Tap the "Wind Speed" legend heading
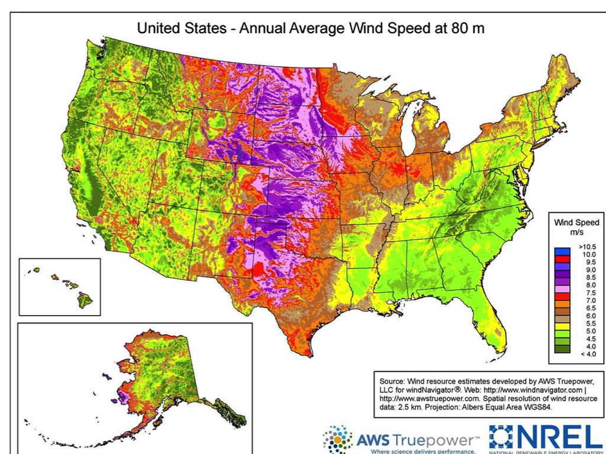tap(576, 223)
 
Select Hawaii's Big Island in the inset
tap(85, 300)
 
